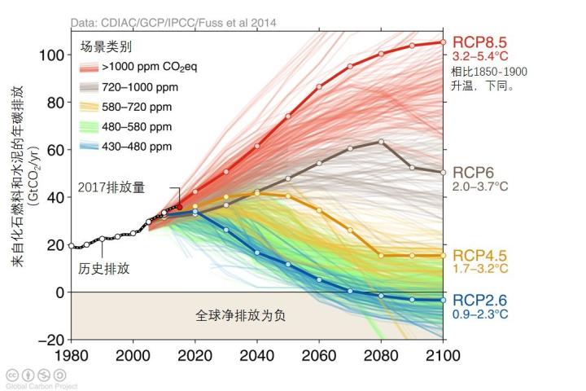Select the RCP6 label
474,172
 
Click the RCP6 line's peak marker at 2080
381,142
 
